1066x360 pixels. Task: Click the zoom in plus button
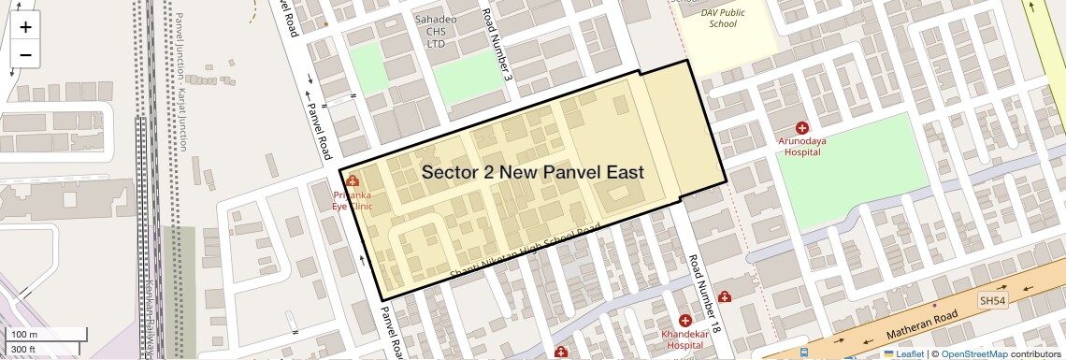[25, 27]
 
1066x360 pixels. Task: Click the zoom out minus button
[25, 55]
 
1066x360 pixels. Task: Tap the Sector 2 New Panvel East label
[532, 173]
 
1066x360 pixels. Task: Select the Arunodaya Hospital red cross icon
[801, 127]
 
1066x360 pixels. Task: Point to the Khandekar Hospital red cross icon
[684, 321]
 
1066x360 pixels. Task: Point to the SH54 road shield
[993, 300]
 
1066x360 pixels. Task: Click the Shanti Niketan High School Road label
[525, 252]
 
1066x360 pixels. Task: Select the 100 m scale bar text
[24, 335]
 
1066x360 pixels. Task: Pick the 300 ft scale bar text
[23, 349]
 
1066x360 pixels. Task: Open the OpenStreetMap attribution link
[973, 353]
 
